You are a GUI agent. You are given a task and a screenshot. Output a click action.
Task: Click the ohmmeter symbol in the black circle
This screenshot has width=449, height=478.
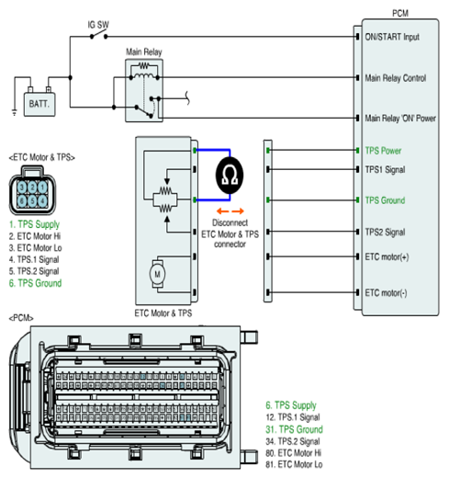click(230, 176)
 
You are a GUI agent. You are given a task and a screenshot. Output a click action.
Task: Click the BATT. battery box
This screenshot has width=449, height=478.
click(39, 104)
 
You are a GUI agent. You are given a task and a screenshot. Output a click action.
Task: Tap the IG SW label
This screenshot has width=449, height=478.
click(98, 25)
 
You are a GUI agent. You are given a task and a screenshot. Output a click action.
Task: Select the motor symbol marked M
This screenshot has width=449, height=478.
click(157, 274)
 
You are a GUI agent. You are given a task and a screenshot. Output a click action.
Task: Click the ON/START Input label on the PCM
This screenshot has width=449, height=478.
click(392, 37)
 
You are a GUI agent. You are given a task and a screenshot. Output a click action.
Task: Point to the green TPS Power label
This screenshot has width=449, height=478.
click(383, 151)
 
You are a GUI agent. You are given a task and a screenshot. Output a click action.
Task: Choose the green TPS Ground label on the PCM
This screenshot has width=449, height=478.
click(385, 200)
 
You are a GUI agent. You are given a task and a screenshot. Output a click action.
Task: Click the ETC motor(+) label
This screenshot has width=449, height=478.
click(387, 256)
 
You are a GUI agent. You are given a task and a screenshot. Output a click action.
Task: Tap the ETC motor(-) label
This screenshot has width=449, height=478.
click(386, 293)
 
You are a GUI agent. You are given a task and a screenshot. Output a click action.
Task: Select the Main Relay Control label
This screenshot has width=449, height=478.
click(396, 78)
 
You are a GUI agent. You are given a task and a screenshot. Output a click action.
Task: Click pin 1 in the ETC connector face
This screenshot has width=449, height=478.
click(42, 188)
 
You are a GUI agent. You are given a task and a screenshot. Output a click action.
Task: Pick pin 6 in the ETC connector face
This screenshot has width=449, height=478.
click(22, 201)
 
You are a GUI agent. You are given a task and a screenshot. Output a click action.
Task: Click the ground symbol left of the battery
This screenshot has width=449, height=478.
click(15, 112)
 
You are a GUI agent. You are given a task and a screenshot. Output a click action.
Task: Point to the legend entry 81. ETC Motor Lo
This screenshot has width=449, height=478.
click(294, 464)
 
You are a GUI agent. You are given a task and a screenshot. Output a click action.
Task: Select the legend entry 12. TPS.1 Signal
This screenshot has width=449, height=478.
click(293, 417)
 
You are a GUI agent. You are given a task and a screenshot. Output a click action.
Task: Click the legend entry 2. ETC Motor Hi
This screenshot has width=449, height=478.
click(35, 236)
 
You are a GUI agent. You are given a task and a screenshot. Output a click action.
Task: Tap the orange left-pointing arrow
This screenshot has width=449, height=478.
click(222, 211)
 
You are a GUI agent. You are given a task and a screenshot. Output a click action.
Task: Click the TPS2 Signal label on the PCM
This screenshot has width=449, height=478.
click(385, 232)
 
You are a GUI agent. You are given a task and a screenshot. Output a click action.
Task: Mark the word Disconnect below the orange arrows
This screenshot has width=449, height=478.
click(230, 222)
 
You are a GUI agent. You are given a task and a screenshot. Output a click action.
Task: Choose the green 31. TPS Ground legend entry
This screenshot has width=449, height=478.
click(294, 429)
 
